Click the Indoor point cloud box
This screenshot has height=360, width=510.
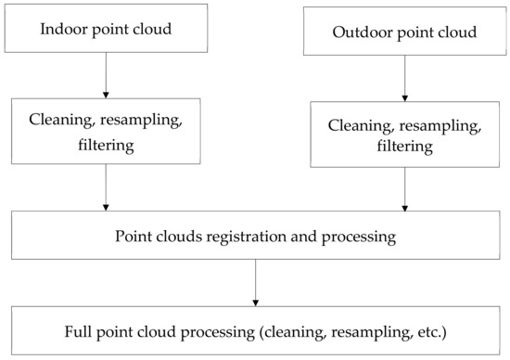(106, 28)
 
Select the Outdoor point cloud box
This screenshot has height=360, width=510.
(403, 32)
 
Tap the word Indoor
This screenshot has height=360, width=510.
(62, 29)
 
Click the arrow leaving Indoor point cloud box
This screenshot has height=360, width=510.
(106, 75)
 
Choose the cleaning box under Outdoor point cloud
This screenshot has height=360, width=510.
(403, 135)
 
